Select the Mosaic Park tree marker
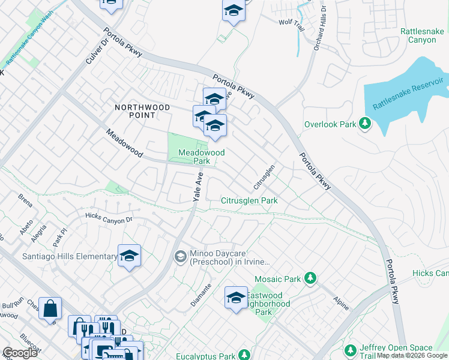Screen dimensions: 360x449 tap(310, 278)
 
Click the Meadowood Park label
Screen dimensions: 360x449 tap(202, 157)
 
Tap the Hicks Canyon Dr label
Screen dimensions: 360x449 tap(108, 218)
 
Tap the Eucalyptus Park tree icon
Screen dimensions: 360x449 tap(244, 355)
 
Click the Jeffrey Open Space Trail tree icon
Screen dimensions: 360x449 tap(352, 349)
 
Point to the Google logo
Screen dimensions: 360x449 tap(20, 353)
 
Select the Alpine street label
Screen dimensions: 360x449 tap(340, 304)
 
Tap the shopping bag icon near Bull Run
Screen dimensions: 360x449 tap(50, 308)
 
